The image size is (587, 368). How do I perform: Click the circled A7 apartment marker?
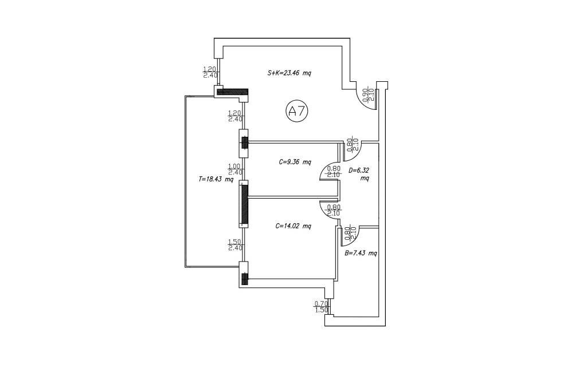point(297,111)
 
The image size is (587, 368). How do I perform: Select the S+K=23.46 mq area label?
point(289,73)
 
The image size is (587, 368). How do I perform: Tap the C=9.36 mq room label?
point(295,162)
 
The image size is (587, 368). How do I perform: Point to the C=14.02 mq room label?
point(293,226)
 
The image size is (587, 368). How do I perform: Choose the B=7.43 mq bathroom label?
point(361,254)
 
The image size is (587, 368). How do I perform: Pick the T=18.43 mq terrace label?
point(216,179)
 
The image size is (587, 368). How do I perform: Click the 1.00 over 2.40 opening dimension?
point(236,169)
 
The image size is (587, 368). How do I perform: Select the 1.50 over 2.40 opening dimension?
point(236,245)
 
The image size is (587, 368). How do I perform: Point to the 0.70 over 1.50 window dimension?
point(322,307)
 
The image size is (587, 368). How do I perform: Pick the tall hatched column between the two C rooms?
point(244,204)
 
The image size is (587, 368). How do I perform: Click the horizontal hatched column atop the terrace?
point(233,92)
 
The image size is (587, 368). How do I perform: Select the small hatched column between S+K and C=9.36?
point(244,143)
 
